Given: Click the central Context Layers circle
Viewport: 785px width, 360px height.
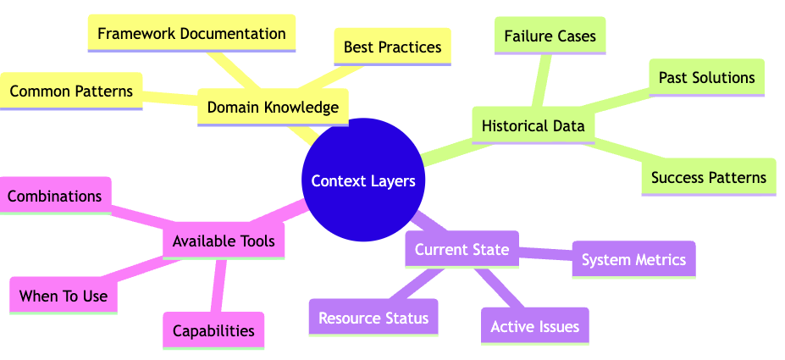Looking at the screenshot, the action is click(363, 180).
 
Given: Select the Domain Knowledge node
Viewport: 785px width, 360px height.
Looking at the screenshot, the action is click(272, 108).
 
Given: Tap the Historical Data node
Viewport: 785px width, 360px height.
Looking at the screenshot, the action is click(533, 125).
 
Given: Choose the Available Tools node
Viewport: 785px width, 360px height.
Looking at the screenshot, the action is click(224, 241).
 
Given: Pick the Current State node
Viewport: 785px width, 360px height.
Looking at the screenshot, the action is click(462, 249).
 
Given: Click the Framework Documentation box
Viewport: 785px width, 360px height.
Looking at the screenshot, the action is click(191, 34).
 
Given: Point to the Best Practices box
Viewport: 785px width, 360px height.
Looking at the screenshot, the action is click(393, 47).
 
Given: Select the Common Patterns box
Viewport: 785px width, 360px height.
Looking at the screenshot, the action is click(71, 91).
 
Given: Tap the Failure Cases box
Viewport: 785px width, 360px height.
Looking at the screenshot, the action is click(550, 36).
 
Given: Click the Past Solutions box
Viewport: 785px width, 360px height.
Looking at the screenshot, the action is click(706, 78).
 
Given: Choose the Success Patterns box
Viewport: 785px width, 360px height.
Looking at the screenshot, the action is click(708, 178).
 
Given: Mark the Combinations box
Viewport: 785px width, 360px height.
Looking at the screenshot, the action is click(56, 196).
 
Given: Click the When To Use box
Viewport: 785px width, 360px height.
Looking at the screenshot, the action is click(63, 296).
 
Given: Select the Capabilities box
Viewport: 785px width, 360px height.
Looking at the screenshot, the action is click(213, 330).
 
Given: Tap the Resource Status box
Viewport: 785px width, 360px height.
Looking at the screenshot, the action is click(373, 318).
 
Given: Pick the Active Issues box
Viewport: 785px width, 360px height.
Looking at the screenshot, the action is click(534, 326).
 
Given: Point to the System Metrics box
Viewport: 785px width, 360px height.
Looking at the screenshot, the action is click(633, 259).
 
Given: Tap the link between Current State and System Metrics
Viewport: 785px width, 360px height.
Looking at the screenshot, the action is click(546, 253).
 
